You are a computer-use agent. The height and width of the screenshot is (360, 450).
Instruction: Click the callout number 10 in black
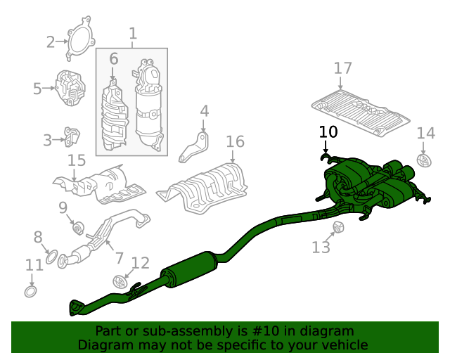click(x=328, y=132)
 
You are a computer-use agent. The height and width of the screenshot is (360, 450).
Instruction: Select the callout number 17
click(x=343, y=68)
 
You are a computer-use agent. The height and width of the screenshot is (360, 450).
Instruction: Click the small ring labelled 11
click(x=31, y=292)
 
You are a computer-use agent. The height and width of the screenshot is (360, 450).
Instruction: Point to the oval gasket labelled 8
click(x=51, y=257)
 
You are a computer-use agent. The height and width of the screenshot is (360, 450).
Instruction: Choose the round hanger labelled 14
click(x=424, y=160)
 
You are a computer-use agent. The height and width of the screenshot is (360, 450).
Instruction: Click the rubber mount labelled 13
click(x=339, y=227)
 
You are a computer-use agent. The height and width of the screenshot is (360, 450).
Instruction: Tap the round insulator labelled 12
click(x=120, y=282)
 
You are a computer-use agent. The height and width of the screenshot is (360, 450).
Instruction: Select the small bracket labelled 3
click(x=71, y=136)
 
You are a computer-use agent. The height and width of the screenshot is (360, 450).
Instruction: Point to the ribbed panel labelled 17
click(x=361, y=114)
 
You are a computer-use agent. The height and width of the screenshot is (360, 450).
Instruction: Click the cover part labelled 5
click(x=70, y=88)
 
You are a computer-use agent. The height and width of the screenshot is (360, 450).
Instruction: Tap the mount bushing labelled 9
click(x=78, y=228)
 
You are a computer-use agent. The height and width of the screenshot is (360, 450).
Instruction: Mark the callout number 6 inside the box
click(x=114, y=59)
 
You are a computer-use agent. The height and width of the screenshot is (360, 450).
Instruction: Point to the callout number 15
click(x=77, y=160)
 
